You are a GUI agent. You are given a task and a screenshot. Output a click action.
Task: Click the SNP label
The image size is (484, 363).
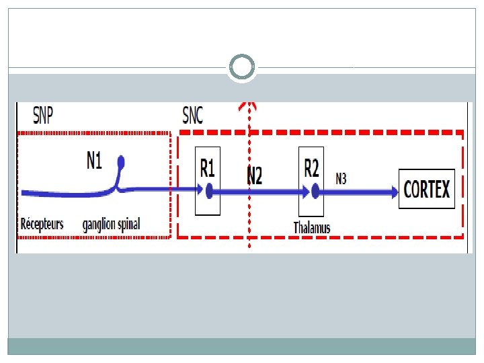pyautogui.click(x=43, y=116)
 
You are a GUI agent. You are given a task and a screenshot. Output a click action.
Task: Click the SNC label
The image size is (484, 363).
pyautogui.click(x=192, y=116)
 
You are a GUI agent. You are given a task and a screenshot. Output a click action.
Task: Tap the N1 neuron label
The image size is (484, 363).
pyautogui.click(x=94, y=161)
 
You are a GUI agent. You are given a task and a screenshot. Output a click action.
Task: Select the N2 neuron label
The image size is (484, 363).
pyautogui.click(x=254, y=176)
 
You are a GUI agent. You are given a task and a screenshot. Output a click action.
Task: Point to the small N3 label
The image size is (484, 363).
pyautogui.click(x=341, y=178)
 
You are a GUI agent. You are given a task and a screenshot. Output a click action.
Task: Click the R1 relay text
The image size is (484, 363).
pyautogui.click(x=208, y=167)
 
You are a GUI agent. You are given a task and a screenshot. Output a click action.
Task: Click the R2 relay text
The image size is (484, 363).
pyautogui.click(x=311, y=167)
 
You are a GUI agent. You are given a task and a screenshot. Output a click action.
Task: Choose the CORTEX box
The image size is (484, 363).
pyautogui.click(x=427, y=189)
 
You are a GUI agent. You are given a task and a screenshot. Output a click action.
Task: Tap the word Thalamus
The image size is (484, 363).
pyautogui.click(x=312, y=228)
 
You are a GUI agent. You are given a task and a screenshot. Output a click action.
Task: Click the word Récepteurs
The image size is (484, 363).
pyautogui.click(x=42, y=223)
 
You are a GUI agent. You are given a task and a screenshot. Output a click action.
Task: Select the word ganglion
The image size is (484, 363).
pyautogui.click(x=100, y=224)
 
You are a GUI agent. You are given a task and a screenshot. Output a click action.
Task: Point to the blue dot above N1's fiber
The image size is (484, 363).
pyautogui.click(x=121, y=161)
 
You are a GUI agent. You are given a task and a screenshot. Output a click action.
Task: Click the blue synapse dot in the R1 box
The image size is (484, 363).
pyautogui.click(x=209, y=192)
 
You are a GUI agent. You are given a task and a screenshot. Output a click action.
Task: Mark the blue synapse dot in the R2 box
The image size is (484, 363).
pyautogui.click(x=314, y=192)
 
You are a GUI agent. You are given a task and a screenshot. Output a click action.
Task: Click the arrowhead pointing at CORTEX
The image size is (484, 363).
pyautogui.click(x=394, y=192)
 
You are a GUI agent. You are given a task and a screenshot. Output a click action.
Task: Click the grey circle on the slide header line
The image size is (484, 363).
pyautogui.click(x=241, y=67)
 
